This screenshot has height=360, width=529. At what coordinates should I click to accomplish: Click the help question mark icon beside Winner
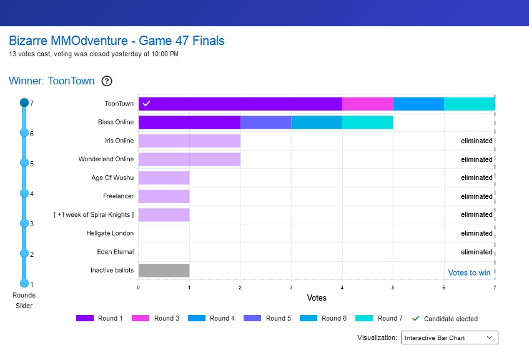107,81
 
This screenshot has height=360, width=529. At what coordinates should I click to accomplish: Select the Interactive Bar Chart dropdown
448,338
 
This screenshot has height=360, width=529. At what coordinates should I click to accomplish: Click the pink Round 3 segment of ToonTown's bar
367,104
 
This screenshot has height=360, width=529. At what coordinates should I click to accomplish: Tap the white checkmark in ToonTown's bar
146,104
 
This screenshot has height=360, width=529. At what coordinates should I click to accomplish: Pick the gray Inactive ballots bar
164,271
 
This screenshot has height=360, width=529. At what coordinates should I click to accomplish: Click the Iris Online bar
189,141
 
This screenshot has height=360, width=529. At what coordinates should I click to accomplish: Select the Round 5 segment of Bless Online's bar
265,122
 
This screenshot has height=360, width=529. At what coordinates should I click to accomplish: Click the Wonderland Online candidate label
106,159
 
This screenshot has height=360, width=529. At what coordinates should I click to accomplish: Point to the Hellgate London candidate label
110,233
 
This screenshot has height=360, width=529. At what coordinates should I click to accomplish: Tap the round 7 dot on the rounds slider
24,102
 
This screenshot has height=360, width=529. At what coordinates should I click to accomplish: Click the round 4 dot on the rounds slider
24,193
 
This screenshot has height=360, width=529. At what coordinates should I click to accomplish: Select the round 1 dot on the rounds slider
24,283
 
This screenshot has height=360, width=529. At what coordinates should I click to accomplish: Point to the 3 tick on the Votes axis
291,287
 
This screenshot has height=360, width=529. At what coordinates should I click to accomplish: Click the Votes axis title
317,298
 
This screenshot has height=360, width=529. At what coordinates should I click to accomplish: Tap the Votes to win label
469,272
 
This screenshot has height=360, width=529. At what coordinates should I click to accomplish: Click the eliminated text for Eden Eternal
477,252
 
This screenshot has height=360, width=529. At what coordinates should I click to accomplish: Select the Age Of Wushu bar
164,178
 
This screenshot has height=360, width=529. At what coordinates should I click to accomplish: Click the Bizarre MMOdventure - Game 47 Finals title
117,41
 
